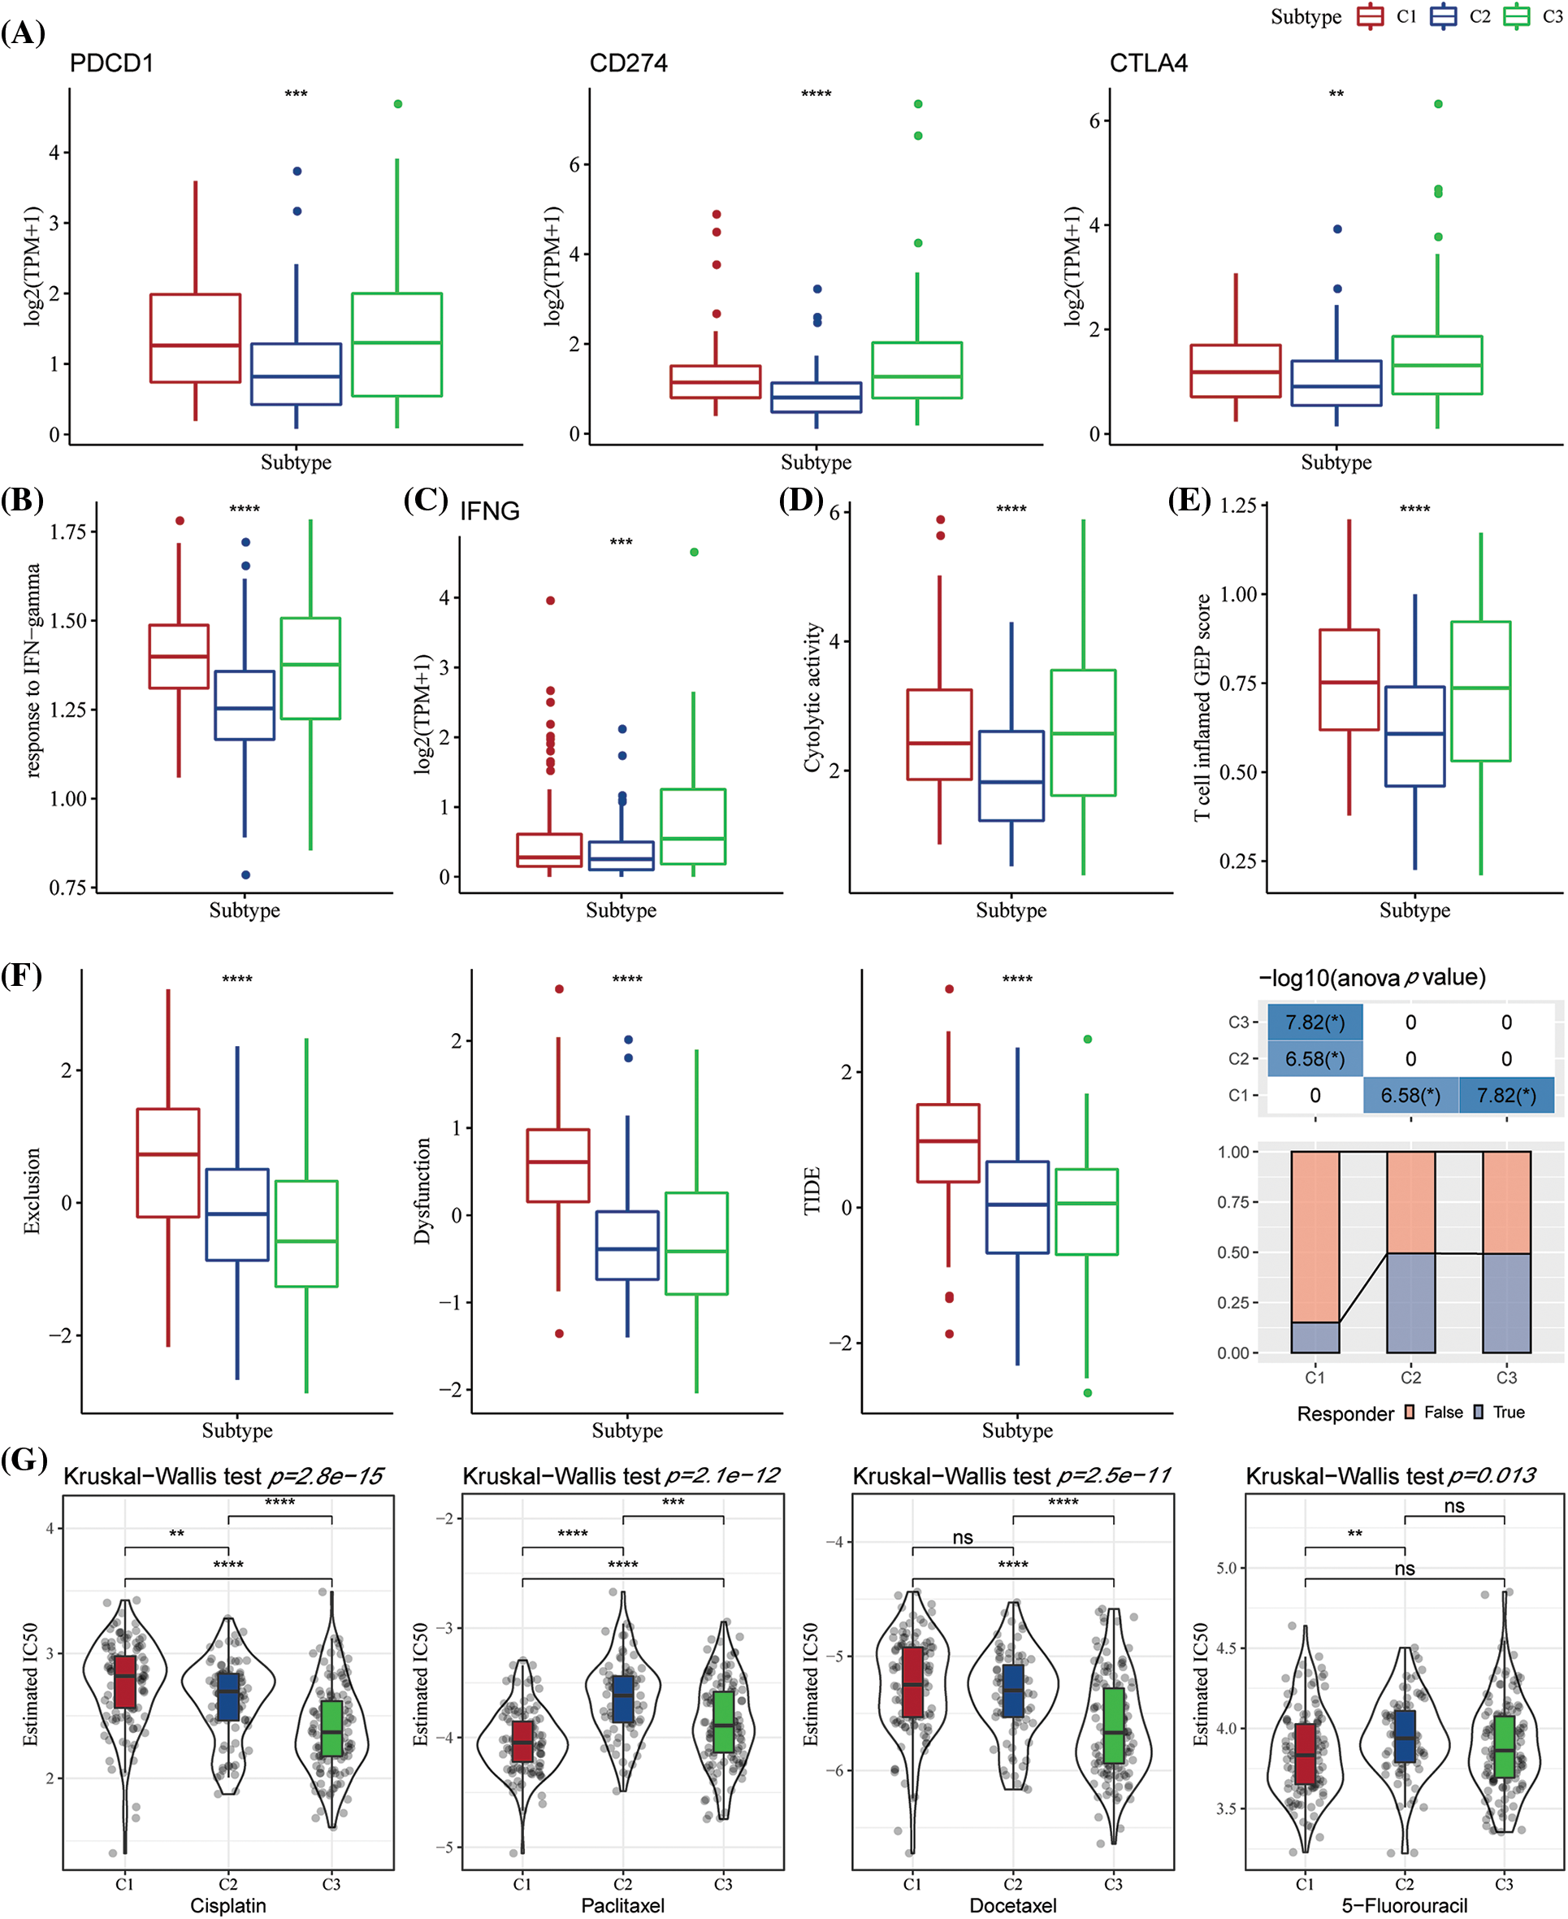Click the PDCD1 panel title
(x=111, y=63)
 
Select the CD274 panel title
(x=628, y=63)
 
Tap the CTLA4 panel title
(x=1148, y=63)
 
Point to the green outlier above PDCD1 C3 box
(x=397, y=104)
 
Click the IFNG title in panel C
(x=490, y=511)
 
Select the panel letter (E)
(x=1189, y=500)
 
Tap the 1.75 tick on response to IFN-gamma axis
(x=67, y=532)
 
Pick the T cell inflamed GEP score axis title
(x=1202, y=707)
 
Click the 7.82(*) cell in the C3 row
(x=1315, y=1022)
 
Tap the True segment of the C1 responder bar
(x=1315, y=1337)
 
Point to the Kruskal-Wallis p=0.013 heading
(x=1390, y=1476)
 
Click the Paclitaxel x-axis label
(x=622, y=1905)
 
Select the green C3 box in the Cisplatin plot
(x=332, y=1728)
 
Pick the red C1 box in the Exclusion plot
(x=168, y=1163)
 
